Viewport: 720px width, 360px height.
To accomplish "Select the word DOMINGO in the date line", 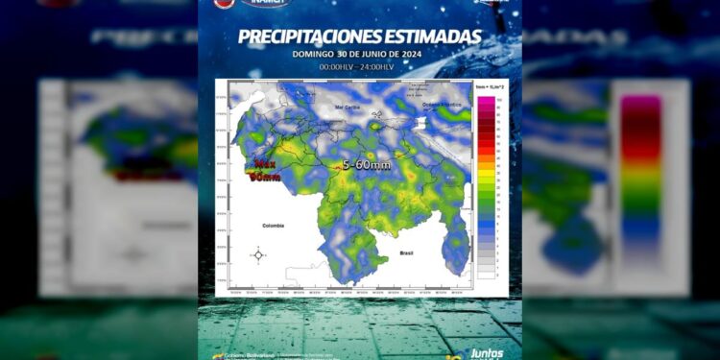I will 315,54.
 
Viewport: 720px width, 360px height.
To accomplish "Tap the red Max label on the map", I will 262,164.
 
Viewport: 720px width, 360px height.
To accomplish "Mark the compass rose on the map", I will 258,254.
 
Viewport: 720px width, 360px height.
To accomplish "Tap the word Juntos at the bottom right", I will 489,352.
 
